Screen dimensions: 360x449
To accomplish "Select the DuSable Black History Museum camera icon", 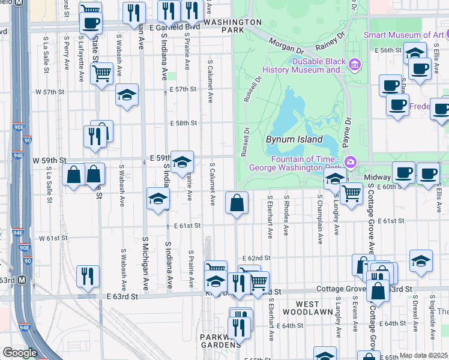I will tap(355, 64).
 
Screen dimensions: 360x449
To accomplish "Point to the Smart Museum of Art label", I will tap(403, 35).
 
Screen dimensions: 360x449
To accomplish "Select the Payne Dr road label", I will tap(347, 130).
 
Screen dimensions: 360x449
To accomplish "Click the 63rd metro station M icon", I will tap(22, 280).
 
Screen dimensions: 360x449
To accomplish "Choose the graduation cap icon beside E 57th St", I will tap(127, 95).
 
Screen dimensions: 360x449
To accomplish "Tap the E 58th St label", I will tap(182, 123).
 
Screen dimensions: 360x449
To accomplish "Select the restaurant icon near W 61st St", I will tap(88, 276).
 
